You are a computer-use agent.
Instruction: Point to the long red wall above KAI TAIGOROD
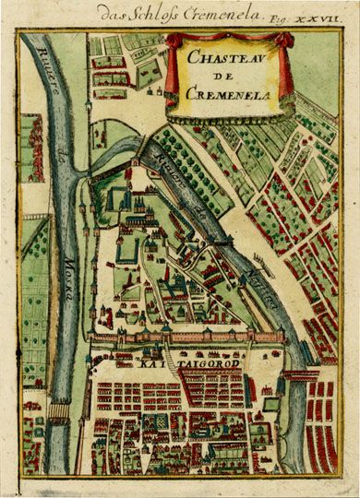pos(185,338)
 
